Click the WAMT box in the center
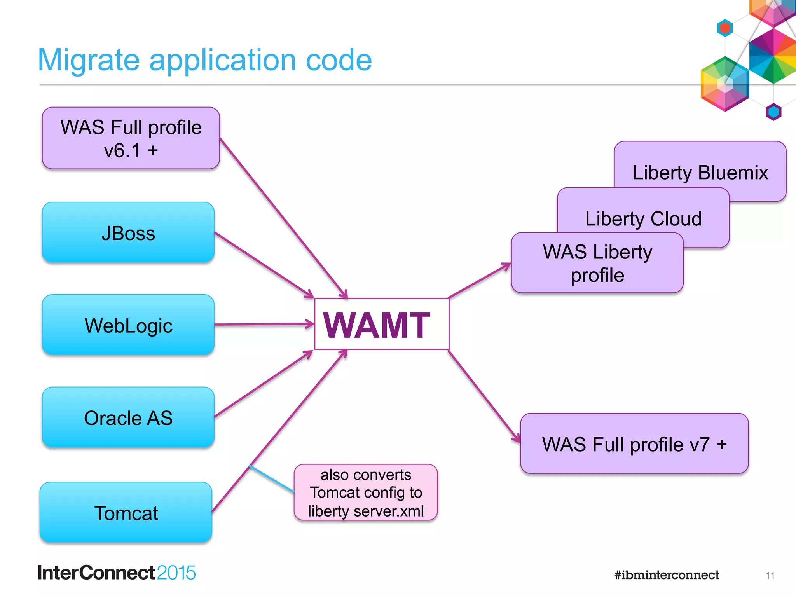[381, 324]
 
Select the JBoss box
[128, 232]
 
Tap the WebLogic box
[128, 325]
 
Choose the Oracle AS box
[128, 417]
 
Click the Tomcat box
[126, 512]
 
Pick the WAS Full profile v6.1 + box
[131, 138]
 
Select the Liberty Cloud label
[643, 218]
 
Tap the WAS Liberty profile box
[597, 263]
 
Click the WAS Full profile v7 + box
[634, 443]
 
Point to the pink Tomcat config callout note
[366, 492]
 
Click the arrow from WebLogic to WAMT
[264, 324]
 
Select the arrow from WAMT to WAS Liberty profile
[480, 280]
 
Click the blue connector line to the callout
[271, 478]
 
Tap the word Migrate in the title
[89, 60]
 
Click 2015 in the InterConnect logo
[176, 573]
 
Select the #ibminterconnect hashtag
[667, 575]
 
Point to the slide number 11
[770, 576]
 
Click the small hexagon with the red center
[725, 28]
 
